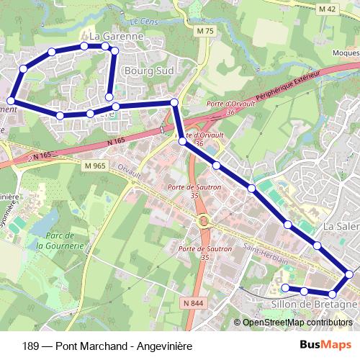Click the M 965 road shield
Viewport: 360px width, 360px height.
tap(93, 166)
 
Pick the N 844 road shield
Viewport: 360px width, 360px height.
tap(192, 304)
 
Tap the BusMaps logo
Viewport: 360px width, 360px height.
tap(326, 345)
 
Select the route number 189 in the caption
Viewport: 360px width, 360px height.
tap(31, 345)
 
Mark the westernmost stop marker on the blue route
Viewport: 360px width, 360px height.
tap(10, 102)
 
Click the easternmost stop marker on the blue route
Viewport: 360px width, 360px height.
tap(349, 274)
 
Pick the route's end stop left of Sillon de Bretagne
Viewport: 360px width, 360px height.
tap(284, 288)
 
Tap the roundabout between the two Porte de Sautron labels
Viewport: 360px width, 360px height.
tap(204, 221)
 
